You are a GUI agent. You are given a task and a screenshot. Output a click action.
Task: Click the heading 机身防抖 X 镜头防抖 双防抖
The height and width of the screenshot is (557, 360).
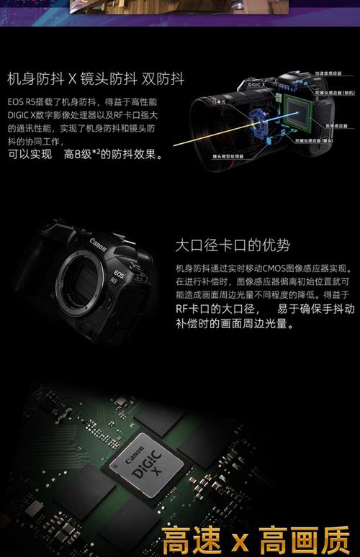(x=96, y=78)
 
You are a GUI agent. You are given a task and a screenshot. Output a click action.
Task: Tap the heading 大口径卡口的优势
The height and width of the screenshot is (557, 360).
(x=233, y=245)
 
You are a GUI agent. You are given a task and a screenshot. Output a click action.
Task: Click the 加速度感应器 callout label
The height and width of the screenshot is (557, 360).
(x=334, y=73)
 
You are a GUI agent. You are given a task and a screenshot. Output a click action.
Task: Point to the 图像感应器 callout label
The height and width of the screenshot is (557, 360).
(x=336, y=125)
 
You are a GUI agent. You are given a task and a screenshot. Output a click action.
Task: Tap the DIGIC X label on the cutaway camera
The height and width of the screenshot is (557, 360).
(x=258, y=84)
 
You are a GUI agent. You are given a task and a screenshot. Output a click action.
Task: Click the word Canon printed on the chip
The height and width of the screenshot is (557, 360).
(x=135, y=455)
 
